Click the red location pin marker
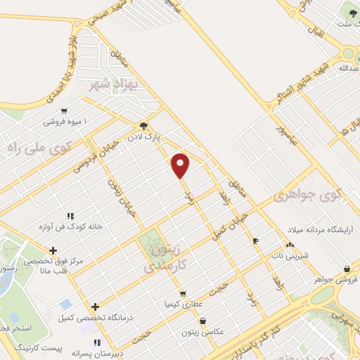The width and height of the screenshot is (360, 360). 181,165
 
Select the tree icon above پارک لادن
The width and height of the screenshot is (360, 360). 145,122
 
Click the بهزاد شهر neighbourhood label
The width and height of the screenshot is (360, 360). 112,86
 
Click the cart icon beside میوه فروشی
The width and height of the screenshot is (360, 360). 65,110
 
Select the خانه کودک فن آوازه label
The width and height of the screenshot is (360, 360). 70,227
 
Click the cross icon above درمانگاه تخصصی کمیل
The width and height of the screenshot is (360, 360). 95,306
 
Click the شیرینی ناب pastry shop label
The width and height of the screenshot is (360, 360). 288,255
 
